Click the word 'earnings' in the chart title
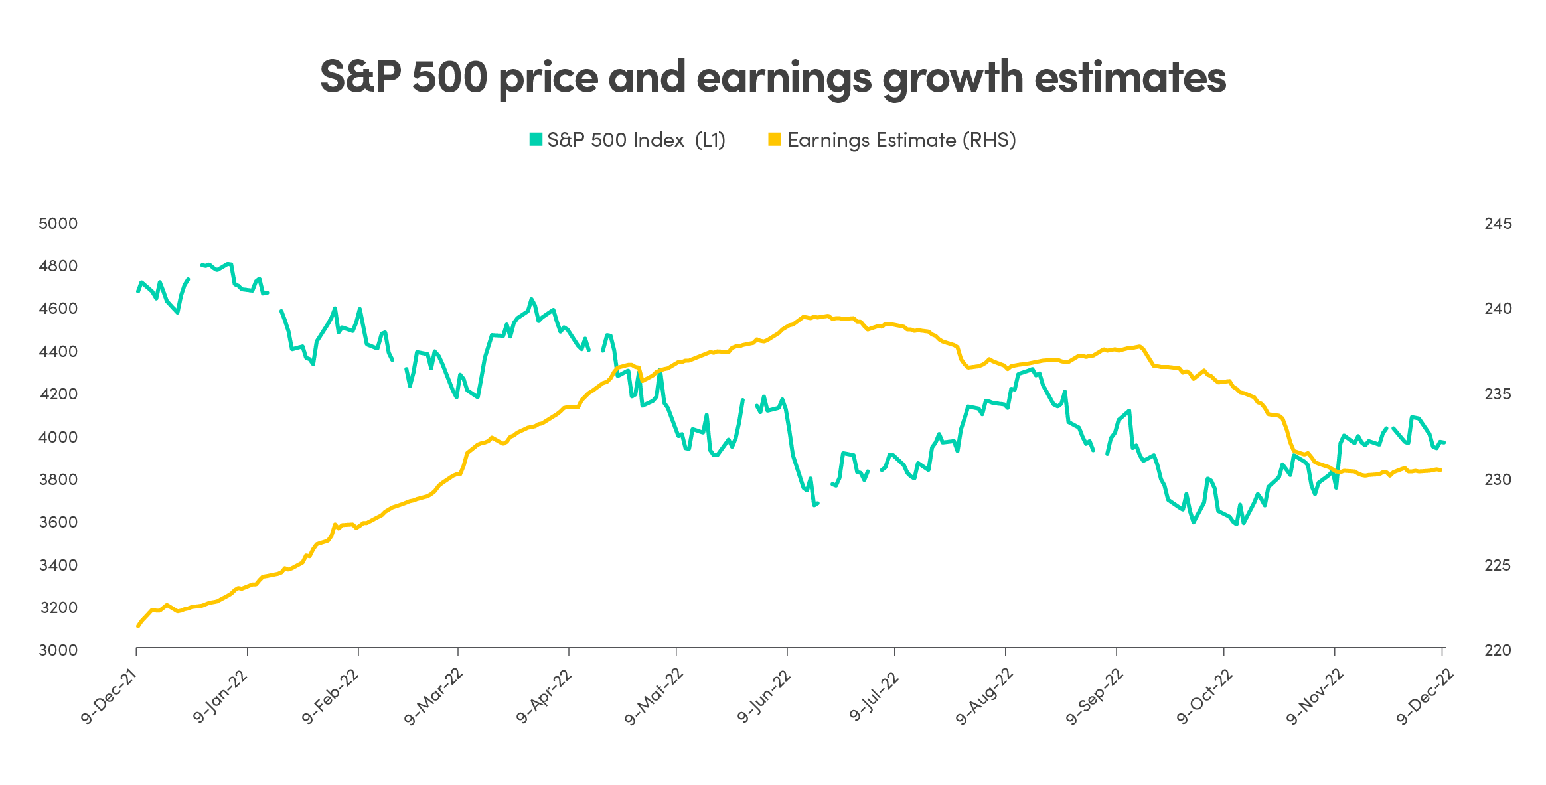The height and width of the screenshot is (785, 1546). (x=783, y=78)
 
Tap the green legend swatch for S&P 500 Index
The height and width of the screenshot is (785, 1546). (x=536, y=139)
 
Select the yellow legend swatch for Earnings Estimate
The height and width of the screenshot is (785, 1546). (x=774, y=139)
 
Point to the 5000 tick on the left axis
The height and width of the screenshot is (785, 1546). (x=58, y=224)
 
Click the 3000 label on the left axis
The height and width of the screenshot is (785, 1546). (x=58, y=650)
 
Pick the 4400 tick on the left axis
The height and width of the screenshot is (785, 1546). (x=58, y=352)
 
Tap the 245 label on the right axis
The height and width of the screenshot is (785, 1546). (x=1498, y=224)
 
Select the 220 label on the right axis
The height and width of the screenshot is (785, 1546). (x=1498, y=650)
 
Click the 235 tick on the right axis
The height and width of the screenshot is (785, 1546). (x=1498, y=394)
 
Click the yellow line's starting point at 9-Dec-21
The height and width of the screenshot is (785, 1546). (x=137, y=626)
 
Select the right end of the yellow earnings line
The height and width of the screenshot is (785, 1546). (x=1440, y=470)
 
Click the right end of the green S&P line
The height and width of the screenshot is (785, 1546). (x=1444, y=443)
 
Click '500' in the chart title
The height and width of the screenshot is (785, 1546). (x=449, y=77)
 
